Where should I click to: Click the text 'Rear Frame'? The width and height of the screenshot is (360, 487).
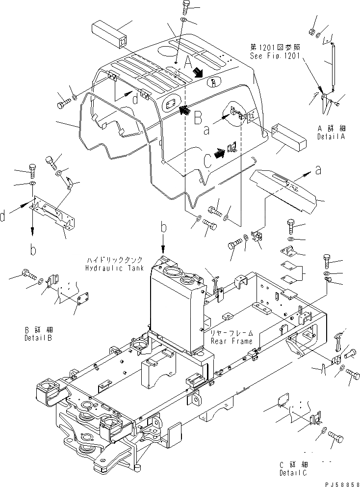[231, 341]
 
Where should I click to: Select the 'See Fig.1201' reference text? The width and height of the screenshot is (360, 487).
[275, 55]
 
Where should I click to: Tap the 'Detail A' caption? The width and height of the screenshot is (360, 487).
[332, 136]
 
